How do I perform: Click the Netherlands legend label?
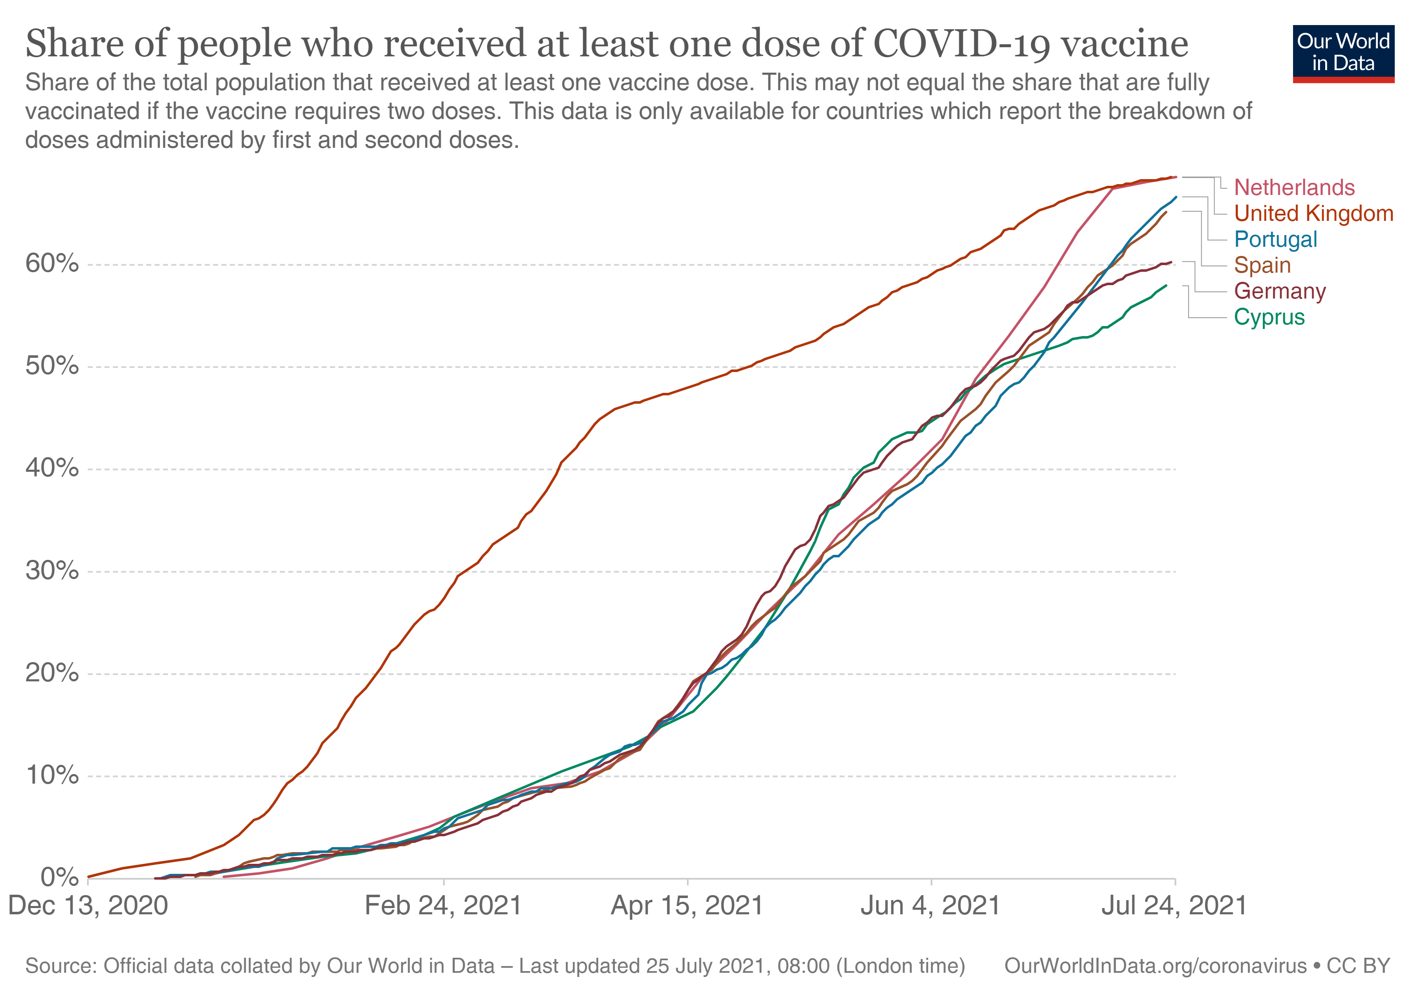tap(1294, 187)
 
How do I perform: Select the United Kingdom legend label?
tap(1313, 213)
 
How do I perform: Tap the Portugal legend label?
tap(1275, 239)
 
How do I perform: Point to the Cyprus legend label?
tap(1269, 317)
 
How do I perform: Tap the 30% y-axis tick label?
tap(52, 571)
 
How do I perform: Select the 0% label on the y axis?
tap(59, 877)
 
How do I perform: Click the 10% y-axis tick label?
tap(52, 775)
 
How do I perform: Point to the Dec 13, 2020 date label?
tap(88, 906)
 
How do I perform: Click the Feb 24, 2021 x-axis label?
tap(444, 906)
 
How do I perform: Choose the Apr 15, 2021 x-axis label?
tap(687, 906)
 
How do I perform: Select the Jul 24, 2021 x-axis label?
tap(1174, 906)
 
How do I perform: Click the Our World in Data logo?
tap(1343, 53)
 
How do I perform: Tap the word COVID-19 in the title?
tap(961, 43)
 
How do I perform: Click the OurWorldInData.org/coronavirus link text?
tap(1155, 966)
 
